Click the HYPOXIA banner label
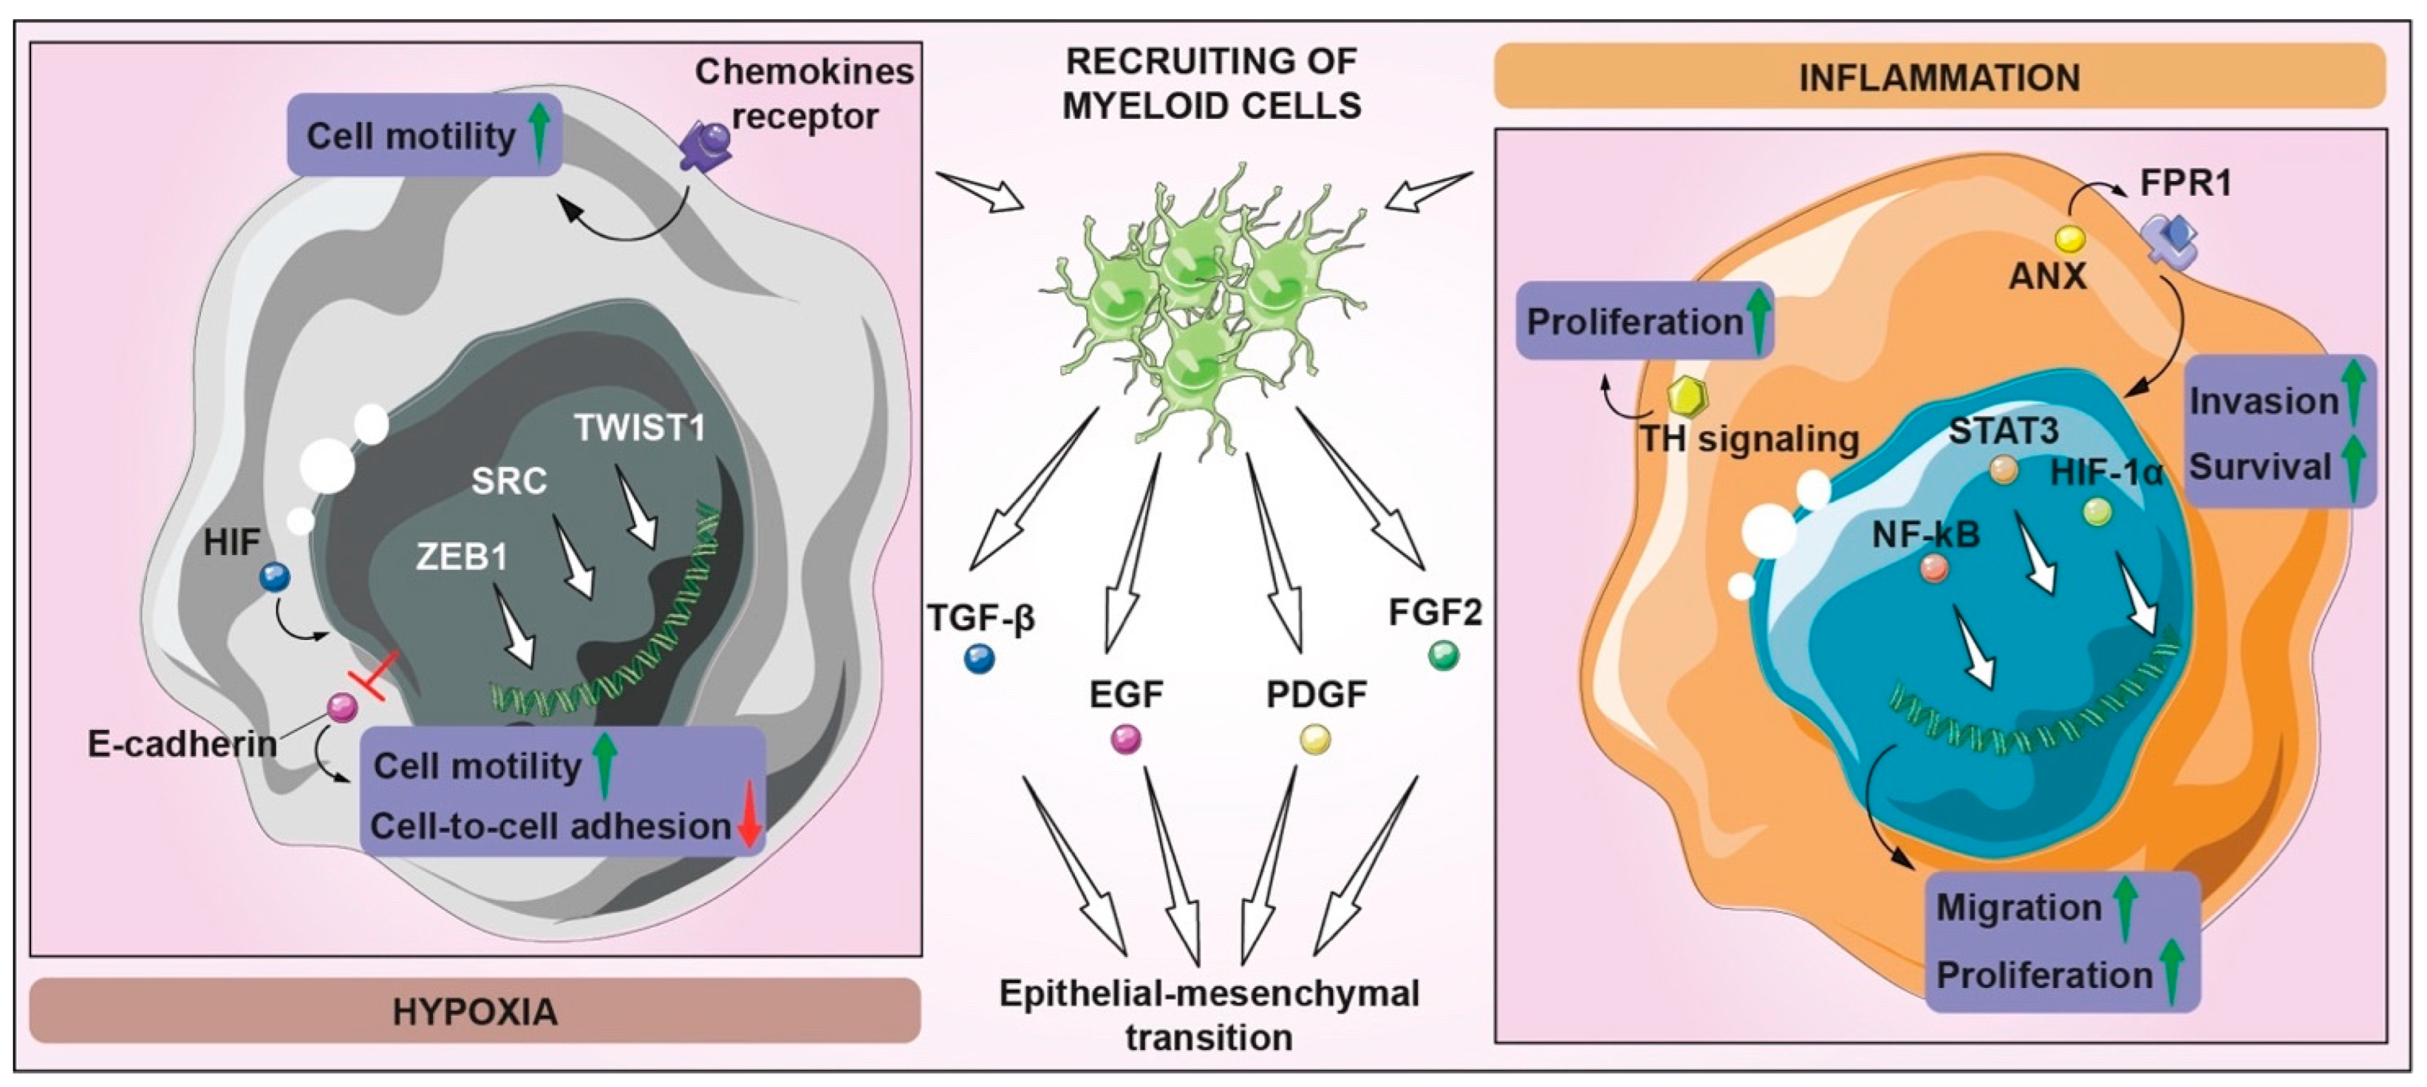pos(475,1011)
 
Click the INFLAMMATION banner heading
pos(1939,77)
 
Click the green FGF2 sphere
pos(1443,655)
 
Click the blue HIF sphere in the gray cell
pos(275,576)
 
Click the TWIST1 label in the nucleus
pos(640,429)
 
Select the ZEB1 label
pos(461,557)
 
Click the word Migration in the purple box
pos(2018,907)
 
